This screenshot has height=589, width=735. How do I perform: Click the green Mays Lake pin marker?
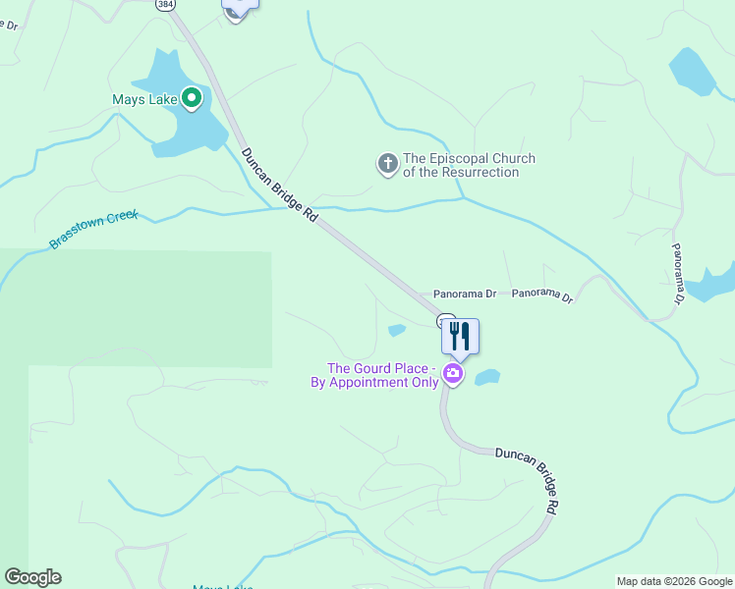193,98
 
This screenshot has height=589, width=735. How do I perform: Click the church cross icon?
388,164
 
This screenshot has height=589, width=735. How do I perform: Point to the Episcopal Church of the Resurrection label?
469,165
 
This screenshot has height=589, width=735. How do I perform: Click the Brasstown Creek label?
94,228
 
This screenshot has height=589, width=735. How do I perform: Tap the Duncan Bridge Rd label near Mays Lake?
281,185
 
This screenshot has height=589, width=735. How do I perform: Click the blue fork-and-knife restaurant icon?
460,337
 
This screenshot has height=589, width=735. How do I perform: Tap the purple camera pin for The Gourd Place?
452,373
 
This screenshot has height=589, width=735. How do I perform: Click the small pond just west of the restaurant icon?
397,330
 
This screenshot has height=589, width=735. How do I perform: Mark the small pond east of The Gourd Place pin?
487,377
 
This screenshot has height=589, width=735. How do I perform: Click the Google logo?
32,577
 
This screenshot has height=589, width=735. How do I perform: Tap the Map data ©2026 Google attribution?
673,581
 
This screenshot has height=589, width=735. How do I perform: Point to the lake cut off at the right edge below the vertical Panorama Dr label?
712,283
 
